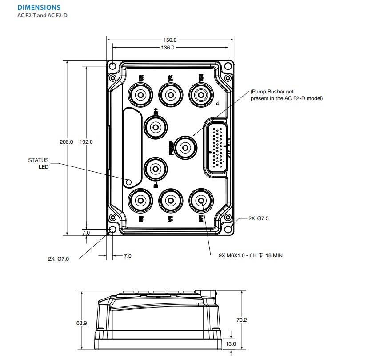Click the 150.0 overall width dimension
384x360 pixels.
coord(170,40)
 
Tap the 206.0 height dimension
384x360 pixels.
coord(66,142)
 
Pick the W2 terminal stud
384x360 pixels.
coord(200,94)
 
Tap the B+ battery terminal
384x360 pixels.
coord(156,127)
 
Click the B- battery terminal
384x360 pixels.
coord(156,169)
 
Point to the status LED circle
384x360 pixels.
coord(129,182)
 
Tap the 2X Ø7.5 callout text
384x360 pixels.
coord(259,218)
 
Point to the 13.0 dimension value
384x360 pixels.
coord(231,344)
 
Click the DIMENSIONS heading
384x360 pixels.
coord(39,8)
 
